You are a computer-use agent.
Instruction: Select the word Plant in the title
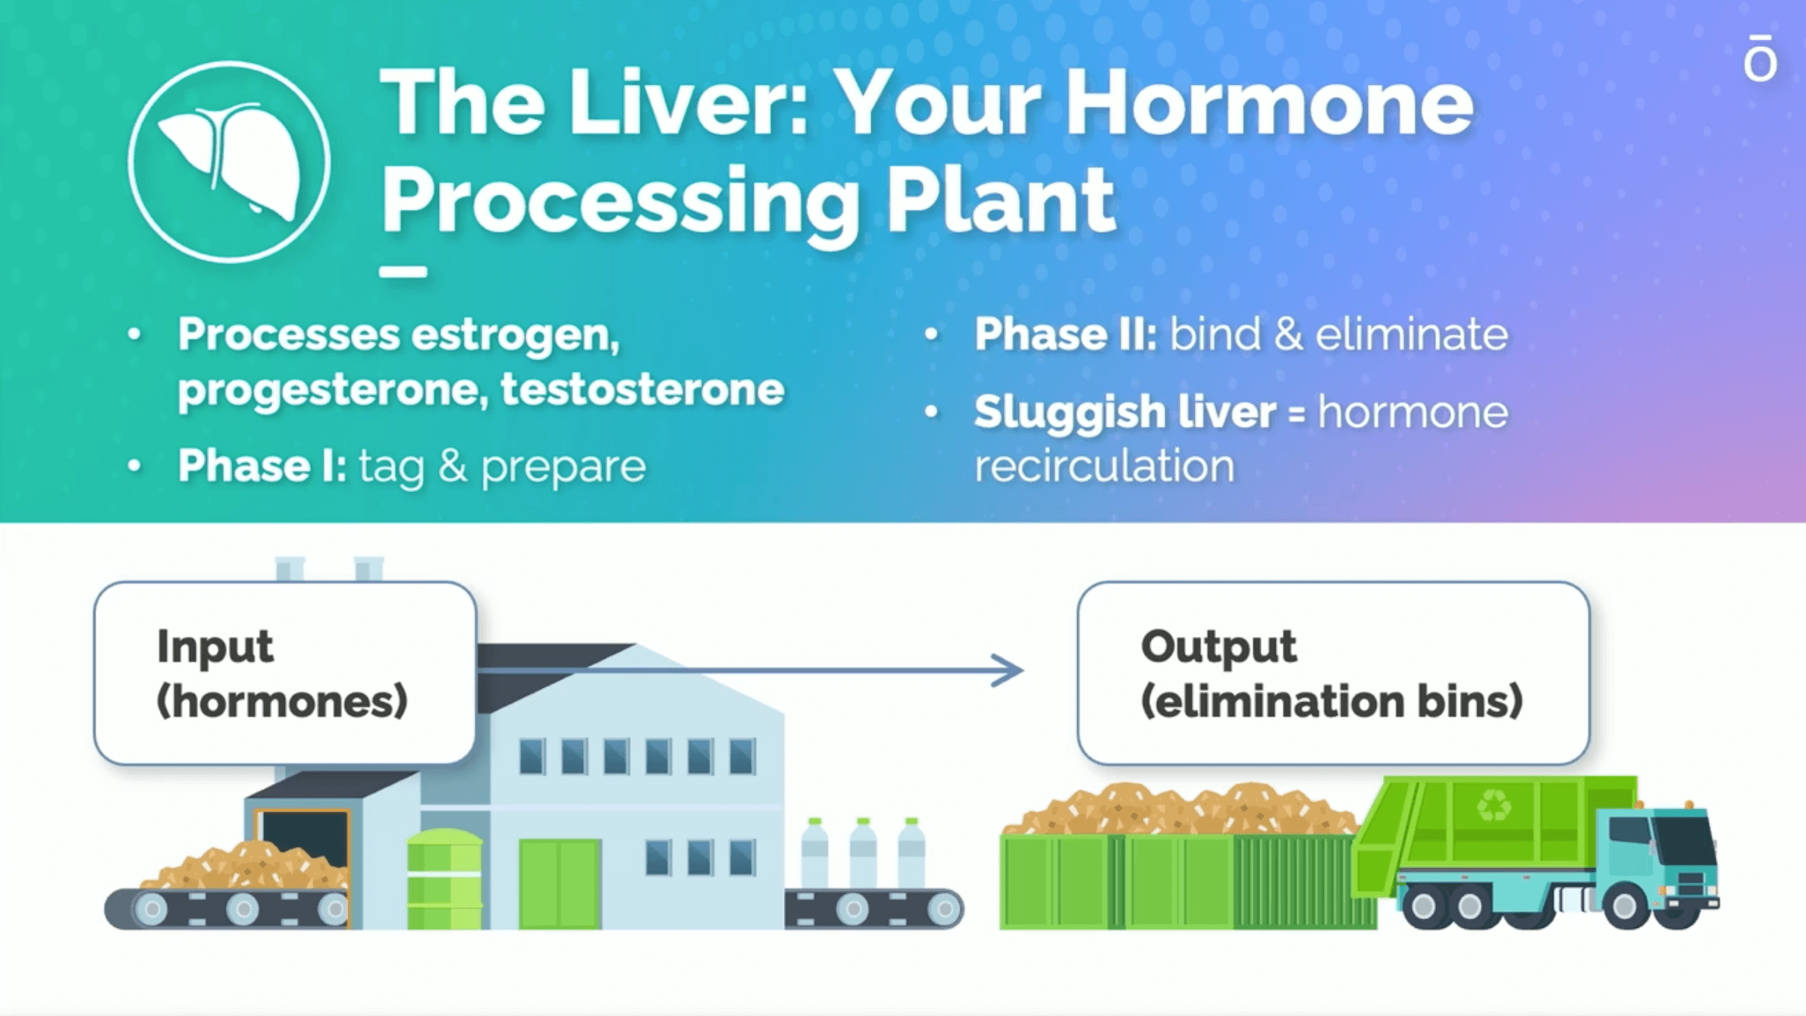[x=1001, y=200]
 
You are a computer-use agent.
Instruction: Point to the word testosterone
[x=642, y=390]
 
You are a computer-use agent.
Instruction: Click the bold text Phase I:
[x=262, y=465]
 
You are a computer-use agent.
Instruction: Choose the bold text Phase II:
[x=1065, y=334]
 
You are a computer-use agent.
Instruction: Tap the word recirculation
[x=1104, y=466]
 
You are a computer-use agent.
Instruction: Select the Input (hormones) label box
[x=285, y=673]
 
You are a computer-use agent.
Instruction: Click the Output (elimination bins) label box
[x=1333, y=673]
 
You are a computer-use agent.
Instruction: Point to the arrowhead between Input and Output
[x=1009, y=670]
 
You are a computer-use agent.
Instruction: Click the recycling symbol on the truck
[x=1494, y=805]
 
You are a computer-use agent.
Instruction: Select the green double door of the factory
[x=560, y=884]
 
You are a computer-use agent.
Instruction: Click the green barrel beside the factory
[x=444, y=880]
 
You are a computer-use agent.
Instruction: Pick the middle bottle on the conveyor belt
[x=863, y=854]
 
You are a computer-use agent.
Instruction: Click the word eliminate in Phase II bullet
[x=1411, y=334]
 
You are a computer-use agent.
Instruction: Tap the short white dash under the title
[x=403, y=272]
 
